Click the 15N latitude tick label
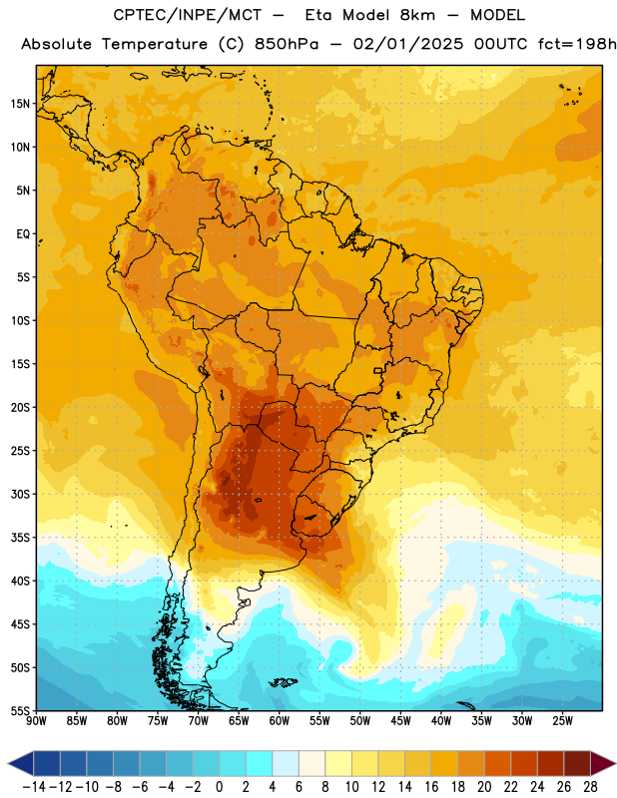tap(20, 104)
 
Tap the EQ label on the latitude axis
tap(23, 234)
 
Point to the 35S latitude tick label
tap(20, 538)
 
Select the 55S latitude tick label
tap(20, 710)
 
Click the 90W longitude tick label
tap(36, 720)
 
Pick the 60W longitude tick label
tap(280, 720)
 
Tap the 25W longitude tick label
tap(562, 720)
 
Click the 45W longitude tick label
tap(400, 720)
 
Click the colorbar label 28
tap(590, 787)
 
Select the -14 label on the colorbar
tap(34, 787)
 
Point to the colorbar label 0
tap(219, 787)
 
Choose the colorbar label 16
tap(431, 787)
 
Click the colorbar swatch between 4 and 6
tap(286, 763)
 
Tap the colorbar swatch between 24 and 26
tap(550, 763)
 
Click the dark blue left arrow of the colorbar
tap(21, 763)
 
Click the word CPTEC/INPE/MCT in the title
tap(188, 15)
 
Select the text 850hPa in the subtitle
tap(287, 44)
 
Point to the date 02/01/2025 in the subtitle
tap(408, 44)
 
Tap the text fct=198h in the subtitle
tap(577, 44)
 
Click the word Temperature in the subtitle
tap(155, 45)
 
